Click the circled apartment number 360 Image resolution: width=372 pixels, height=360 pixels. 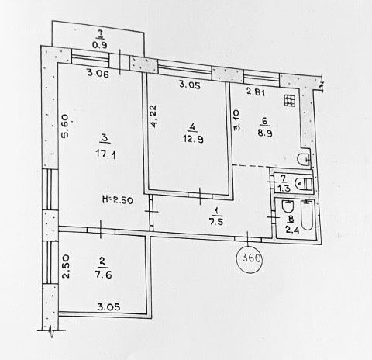pos(250,258)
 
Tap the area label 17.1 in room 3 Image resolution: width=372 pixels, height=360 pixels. pos(106,155)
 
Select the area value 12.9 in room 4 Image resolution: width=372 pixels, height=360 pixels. pos(193,140)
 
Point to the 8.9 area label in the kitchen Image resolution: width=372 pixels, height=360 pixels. pos(265,133)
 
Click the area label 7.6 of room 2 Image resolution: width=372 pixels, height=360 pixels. pos(103,275)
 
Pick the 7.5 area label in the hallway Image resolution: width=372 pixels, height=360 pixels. pos(216,222)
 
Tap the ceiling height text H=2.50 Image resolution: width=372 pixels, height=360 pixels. pos(118,200)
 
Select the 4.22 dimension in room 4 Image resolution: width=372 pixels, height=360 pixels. pos(153,116)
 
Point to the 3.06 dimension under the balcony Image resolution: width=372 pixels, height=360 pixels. pos(98,73)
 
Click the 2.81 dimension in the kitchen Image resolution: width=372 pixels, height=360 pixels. pos(256,92)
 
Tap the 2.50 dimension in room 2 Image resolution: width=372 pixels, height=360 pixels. pos(66,266)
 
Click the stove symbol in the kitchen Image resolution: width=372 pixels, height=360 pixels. pos(290,100)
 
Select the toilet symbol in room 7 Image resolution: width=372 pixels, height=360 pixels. pos(304,183)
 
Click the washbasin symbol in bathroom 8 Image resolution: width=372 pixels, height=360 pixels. pos(288,206)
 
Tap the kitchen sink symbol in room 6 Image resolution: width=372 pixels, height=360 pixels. pos(304,160)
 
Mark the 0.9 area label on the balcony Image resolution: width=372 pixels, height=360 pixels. pos(100,45)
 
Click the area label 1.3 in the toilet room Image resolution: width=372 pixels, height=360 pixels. pos(284,188)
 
